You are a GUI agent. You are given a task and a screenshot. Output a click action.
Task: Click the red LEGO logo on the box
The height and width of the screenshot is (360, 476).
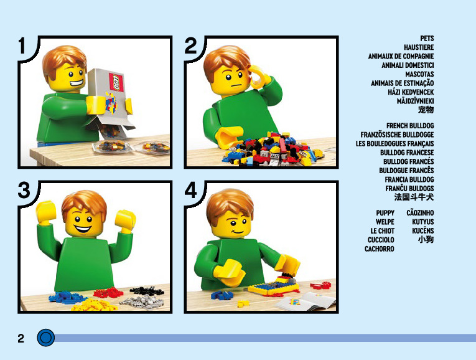[116, 82]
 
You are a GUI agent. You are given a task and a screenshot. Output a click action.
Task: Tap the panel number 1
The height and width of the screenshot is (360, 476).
[22, 46]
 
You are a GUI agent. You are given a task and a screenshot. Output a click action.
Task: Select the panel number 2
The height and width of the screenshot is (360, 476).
[190, 46]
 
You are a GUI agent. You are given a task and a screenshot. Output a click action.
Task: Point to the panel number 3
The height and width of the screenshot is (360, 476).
[24, 191]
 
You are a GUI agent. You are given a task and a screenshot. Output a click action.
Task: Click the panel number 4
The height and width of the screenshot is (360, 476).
[190, 191]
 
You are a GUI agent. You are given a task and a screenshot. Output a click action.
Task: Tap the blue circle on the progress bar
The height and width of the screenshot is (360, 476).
[46, 338]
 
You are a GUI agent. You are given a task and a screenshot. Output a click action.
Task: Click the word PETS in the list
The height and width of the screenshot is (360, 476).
[427, 39]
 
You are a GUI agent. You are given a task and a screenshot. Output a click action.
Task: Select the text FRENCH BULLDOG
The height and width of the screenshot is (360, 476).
[410, 126]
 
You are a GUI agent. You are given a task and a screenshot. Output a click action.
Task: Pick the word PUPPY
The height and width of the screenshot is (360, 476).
[385, 213]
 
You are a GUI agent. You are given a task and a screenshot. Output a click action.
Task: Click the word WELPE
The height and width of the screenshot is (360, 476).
[385, 222]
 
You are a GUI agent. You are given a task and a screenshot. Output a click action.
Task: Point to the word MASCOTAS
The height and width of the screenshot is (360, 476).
[419, 75]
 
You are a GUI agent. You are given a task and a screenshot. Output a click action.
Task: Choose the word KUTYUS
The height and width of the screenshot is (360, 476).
[423, 222]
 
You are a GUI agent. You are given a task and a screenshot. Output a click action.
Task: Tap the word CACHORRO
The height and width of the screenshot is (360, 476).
[379, 249]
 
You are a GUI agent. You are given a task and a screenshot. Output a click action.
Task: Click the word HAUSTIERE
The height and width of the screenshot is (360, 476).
[419, 47]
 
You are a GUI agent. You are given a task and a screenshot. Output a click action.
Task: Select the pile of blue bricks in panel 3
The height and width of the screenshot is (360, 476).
[67, 297]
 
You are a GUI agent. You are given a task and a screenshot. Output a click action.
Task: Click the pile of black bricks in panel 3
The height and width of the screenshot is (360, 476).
[147, 290]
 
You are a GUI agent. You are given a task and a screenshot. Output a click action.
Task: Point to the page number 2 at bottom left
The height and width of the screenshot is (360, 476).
[21, 338]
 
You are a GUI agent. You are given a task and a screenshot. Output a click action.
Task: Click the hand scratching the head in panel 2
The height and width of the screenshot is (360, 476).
[259, 77]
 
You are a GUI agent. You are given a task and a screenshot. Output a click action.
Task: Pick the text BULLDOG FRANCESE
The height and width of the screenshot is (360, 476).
[407, 153]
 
